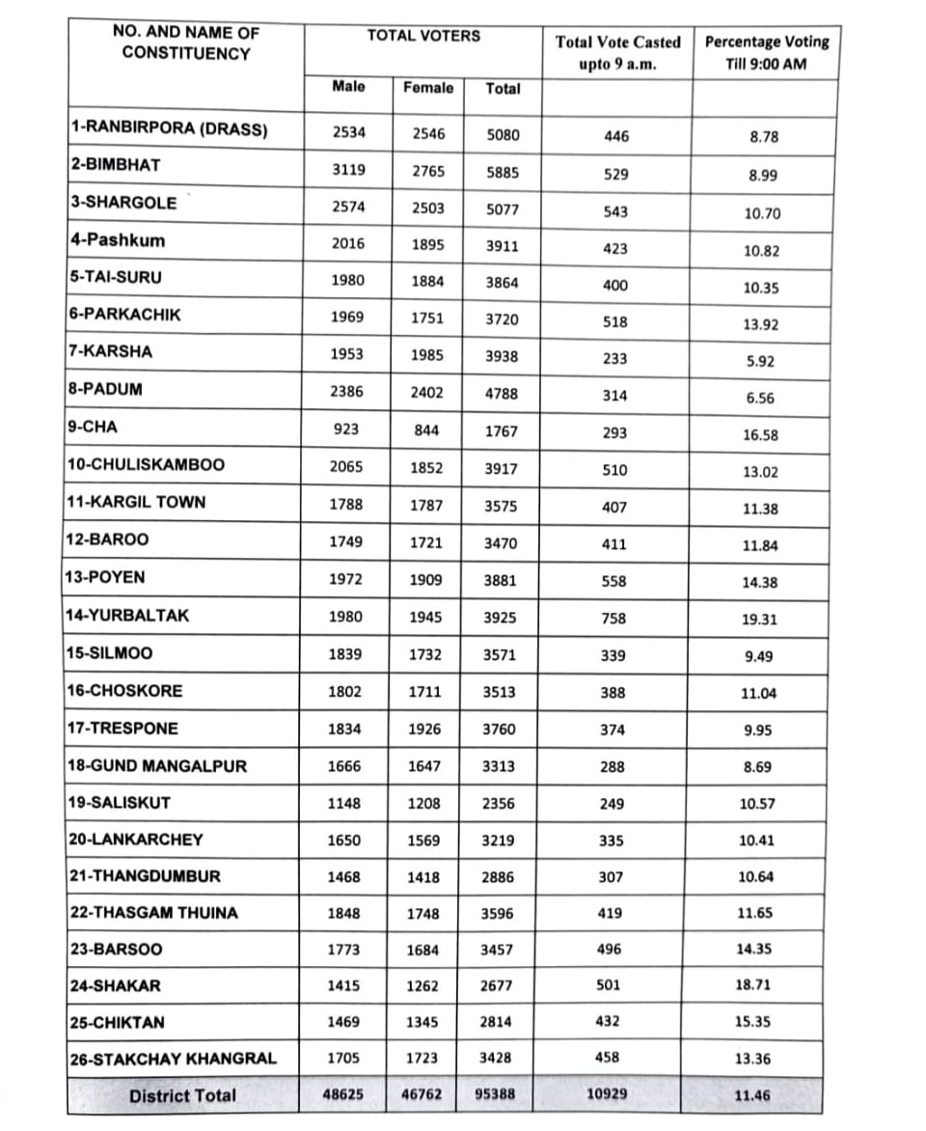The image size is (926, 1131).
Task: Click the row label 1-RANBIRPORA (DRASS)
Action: coord(168,128)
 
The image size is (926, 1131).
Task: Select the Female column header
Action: coord(428,88)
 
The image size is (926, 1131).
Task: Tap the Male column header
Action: coord(348,86)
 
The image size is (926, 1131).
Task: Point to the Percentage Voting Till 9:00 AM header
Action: coord(767,53)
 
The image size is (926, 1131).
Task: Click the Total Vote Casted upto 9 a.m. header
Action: coord(617,53)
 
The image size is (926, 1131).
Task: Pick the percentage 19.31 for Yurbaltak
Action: coord(759,620)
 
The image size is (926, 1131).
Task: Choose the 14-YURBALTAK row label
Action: coord(127,615)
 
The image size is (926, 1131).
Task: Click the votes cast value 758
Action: coord(613,619)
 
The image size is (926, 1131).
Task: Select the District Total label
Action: coord(182,1095)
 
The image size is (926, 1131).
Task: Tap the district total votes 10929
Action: coord(611,1094)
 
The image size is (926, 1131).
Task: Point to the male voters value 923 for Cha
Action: coord(347,430)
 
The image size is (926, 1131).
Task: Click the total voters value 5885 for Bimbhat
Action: coord(503,174)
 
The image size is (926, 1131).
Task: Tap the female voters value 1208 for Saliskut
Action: coord(425,803)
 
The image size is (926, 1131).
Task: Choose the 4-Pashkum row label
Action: coord(117,240)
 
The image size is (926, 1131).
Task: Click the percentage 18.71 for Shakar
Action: coord(753,985)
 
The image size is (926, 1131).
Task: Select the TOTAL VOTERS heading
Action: coord(422,36)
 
